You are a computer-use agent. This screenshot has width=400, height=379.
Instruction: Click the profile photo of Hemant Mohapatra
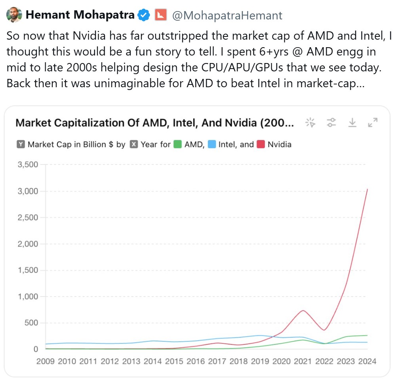point(14,15)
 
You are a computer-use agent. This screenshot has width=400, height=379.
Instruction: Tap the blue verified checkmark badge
point(143,15)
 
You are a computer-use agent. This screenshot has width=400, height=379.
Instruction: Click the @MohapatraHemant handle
point(227,15)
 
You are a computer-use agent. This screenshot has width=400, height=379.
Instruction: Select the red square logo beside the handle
point(160,15)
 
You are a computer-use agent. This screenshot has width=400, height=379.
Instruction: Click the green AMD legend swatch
point(177,144)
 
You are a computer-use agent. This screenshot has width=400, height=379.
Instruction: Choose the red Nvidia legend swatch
point(261,144)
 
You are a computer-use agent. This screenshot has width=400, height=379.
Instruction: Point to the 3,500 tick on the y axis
point(28,165)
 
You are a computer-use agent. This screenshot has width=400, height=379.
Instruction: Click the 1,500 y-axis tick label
point(28,270)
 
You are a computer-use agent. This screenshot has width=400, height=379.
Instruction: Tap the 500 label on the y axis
point(30,323)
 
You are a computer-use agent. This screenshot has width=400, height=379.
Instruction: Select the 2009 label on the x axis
point(45,362)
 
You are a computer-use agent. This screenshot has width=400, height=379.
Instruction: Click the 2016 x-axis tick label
point(196,362)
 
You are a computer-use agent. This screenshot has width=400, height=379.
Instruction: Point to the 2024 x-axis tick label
point(367,362)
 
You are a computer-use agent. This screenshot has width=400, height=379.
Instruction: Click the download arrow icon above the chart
point(352,123)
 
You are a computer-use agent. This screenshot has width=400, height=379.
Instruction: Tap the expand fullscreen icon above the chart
point(372,123)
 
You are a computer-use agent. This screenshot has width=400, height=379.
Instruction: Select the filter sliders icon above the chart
point(331,123)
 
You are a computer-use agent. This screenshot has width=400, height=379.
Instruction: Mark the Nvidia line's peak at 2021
point(303,310)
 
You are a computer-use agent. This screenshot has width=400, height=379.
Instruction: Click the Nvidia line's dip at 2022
point(324,330)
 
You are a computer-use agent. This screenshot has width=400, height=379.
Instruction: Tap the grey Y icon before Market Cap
point(21,144)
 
